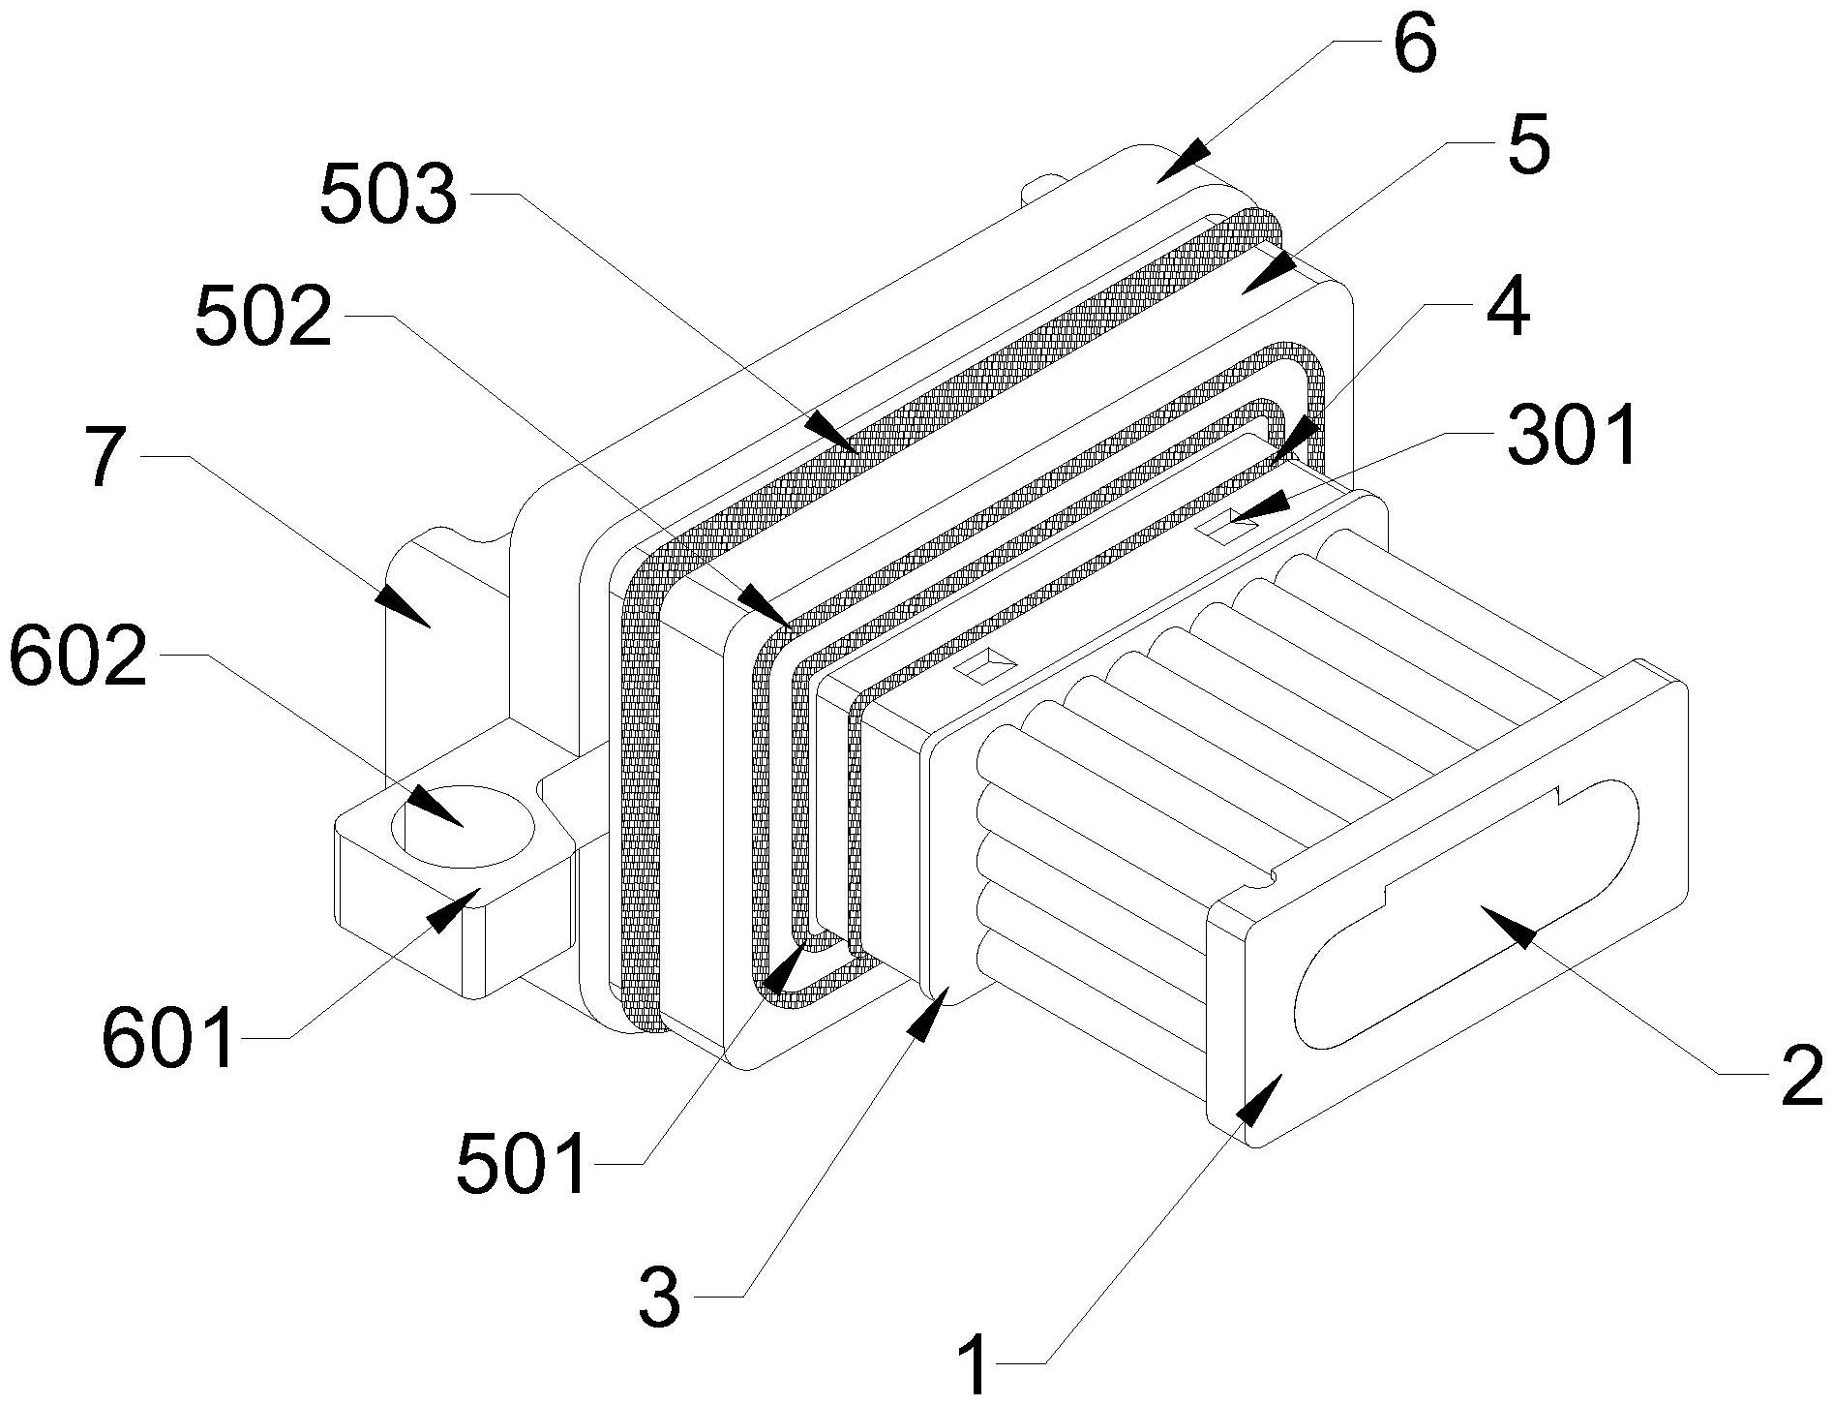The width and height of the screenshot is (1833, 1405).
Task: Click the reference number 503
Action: [388, 193]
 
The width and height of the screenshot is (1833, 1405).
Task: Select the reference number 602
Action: [77, 655]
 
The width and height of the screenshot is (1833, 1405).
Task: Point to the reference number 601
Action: [168, 1037]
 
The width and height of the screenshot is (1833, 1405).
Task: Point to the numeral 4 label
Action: [1506, 303]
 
